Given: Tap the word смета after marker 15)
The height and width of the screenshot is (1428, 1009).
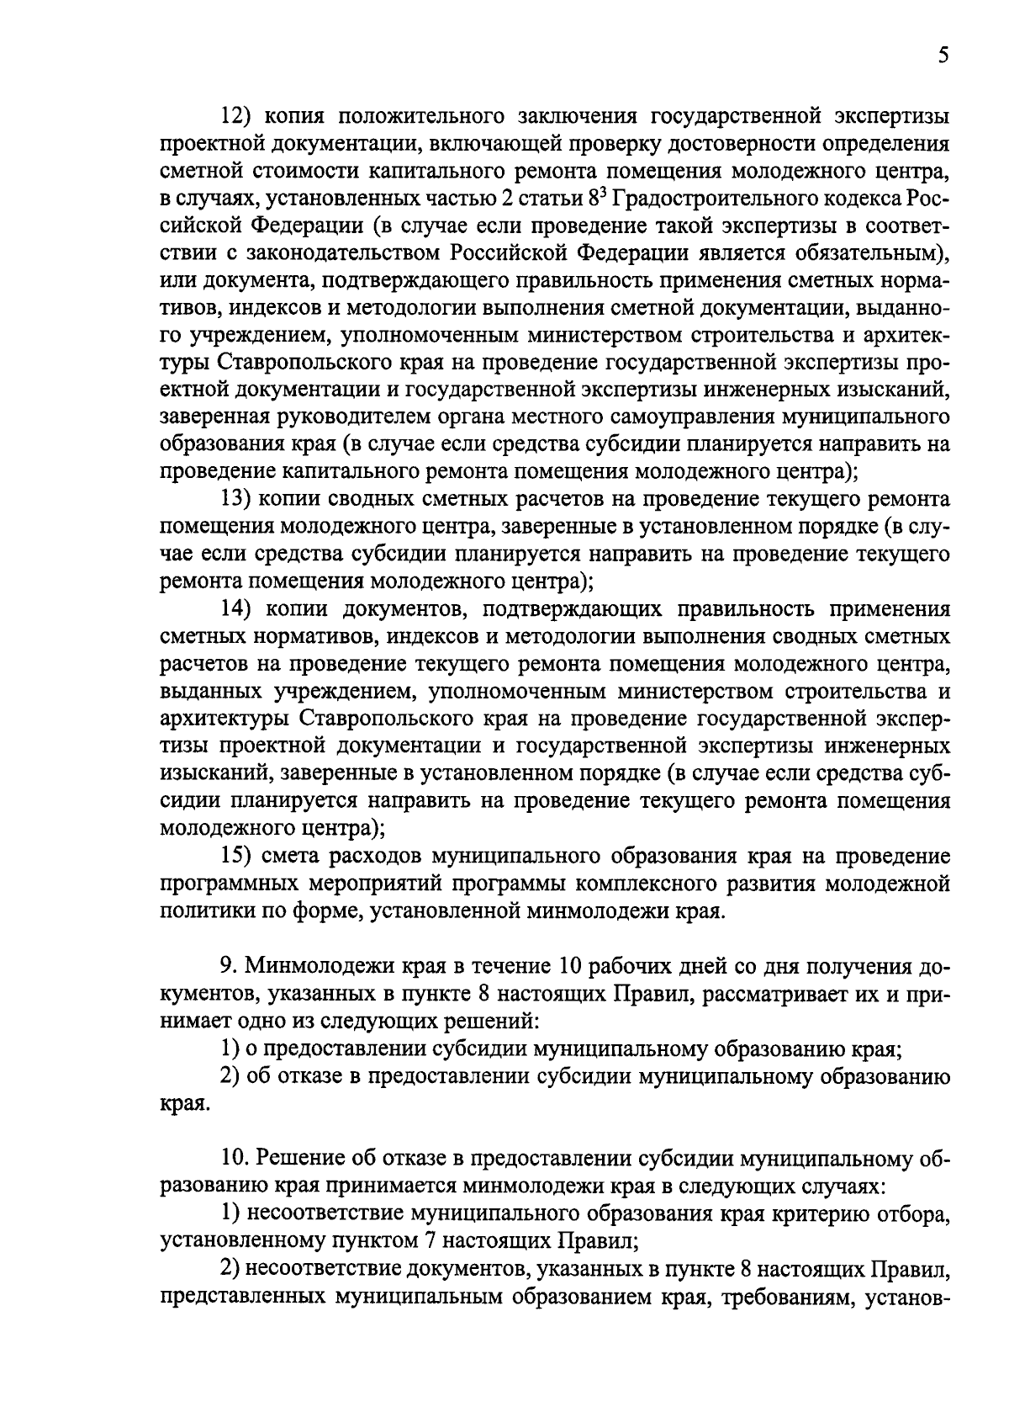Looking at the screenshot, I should [297, 856].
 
